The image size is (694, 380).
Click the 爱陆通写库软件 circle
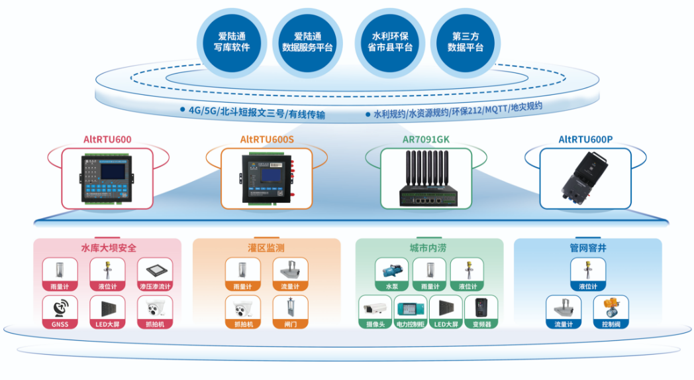[232, 41]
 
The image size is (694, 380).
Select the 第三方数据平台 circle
[465, 41]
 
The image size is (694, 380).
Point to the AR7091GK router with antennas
[426, 178]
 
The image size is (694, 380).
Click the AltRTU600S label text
[267, 140]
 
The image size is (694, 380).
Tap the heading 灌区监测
[266, 248]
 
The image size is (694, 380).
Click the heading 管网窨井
[588, 249]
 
